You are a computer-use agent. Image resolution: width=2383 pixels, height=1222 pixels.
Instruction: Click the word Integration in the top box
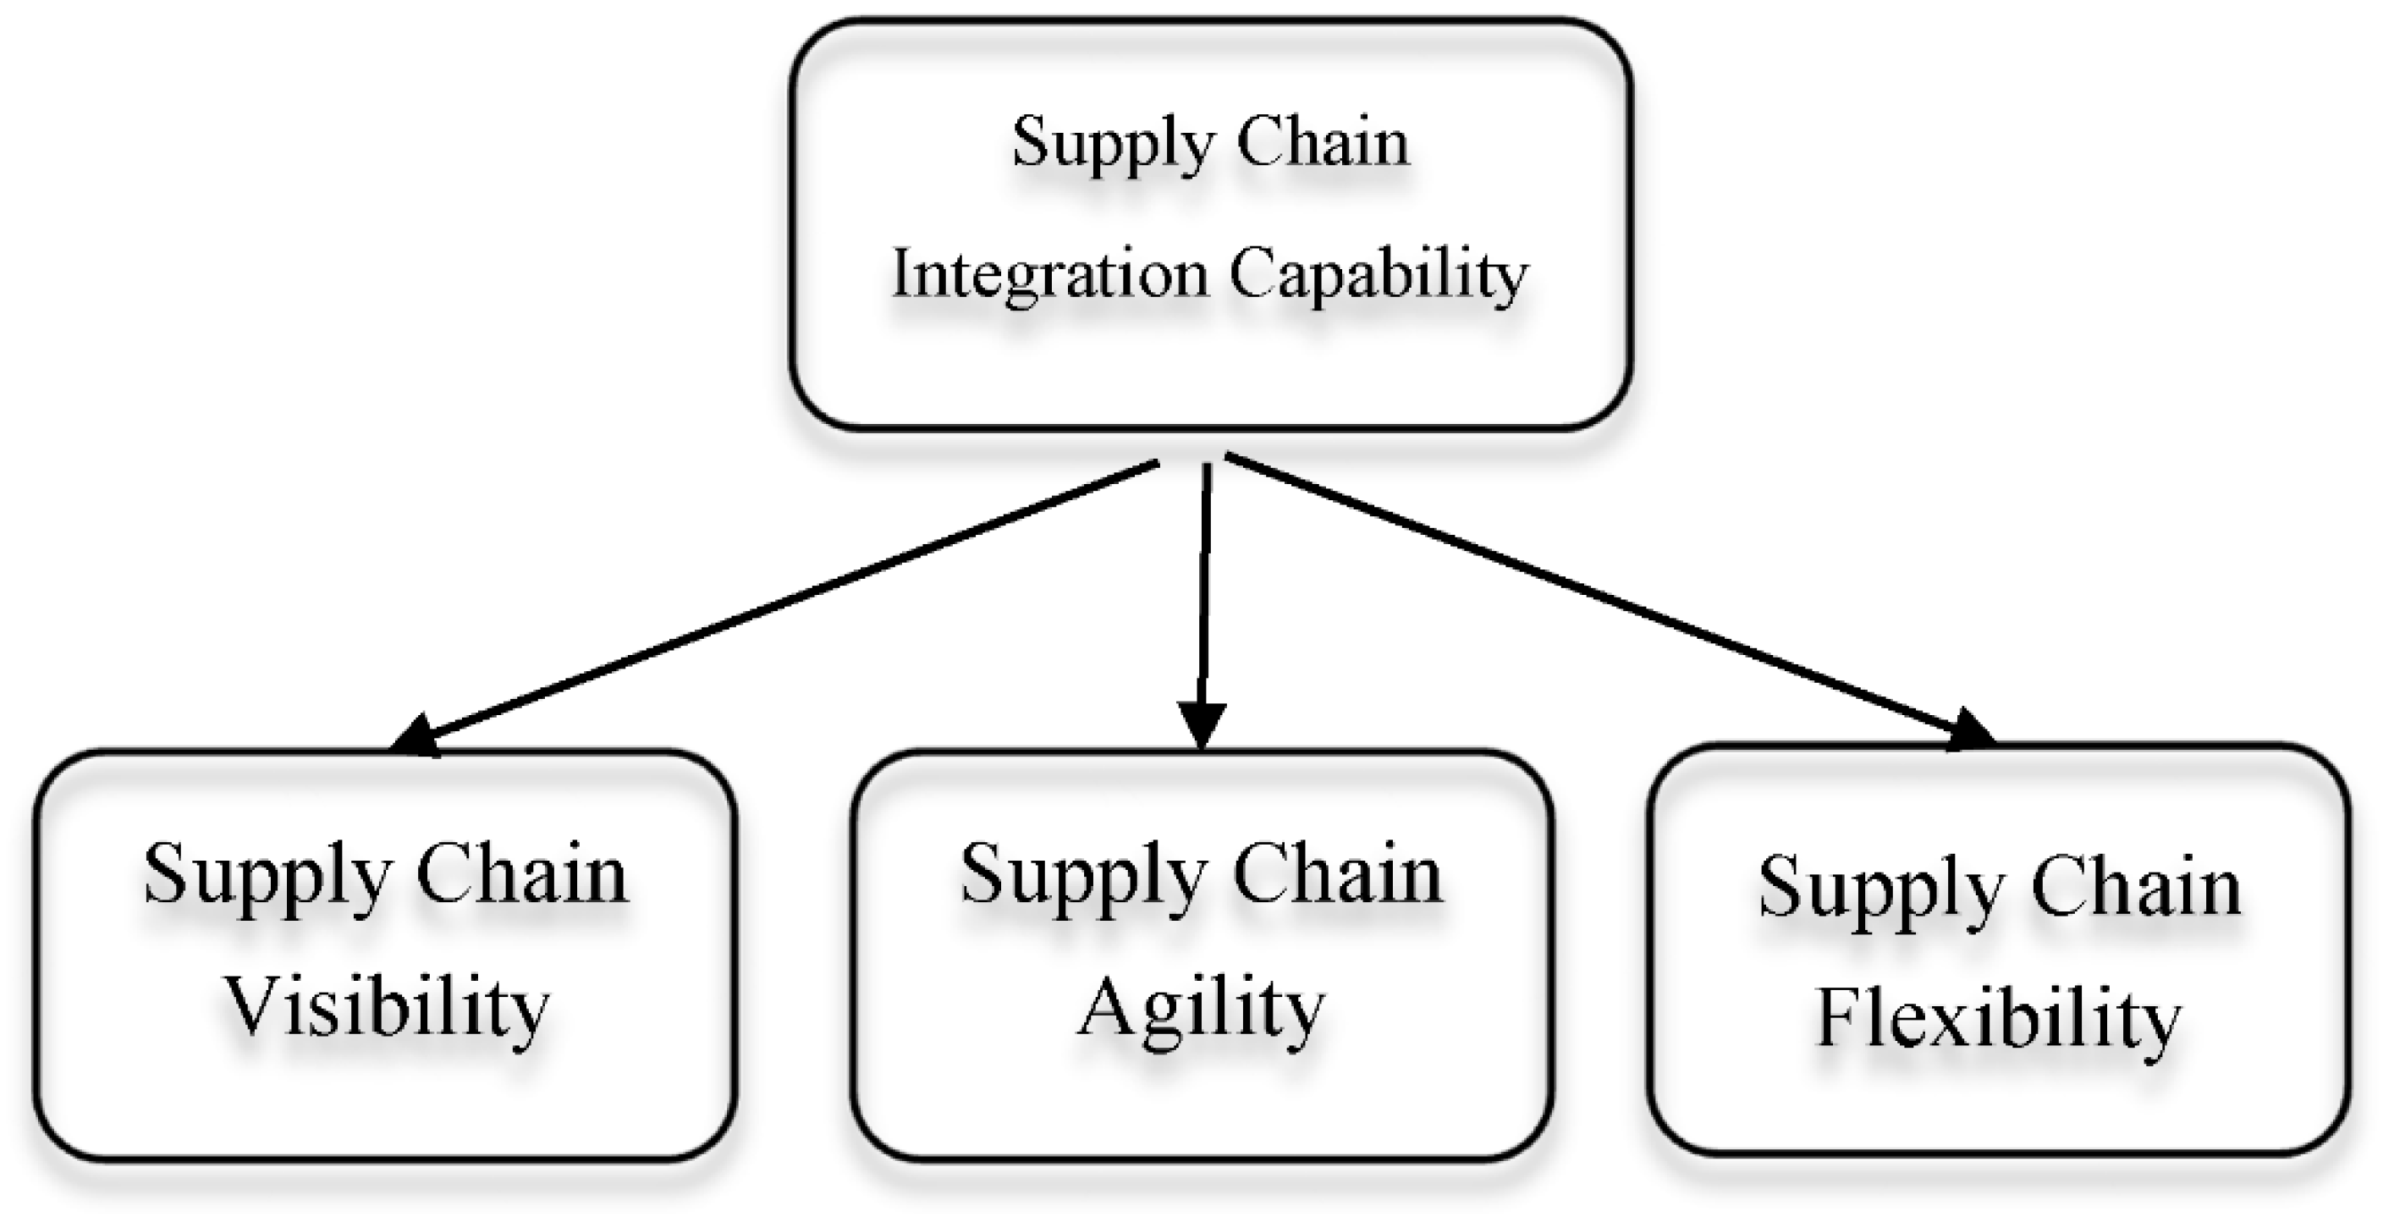click(1050, 276)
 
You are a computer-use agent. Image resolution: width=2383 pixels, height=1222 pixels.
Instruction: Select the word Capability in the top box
click(1379, 276)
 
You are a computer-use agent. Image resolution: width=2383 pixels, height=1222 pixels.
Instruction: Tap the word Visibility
click(387, 1008)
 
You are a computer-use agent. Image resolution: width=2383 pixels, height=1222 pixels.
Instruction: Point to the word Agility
click(1201, 1008)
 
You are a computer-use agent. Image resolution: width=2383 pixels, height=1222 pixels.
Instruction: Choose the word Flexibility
click(1998, 1020)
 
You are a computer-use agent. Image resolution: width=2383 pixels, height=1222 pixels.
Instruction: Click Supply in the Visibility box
click(267, 875)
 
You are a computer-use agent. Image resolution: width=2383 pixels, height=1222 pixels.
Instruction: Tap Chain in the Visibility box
click(522, 875)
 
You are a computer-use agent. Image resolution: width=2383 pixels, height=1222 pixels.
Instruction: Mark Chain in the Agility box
click(1338, 875)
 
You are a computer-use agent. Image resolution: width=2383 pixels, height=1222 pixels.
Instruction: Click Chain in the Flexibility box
click(2136, 888)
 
